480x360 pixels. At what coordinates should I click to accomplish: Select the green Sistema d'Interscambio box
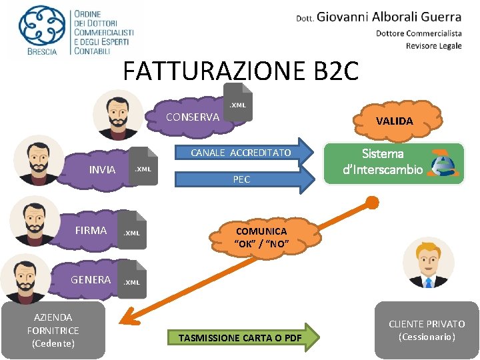(393, 163)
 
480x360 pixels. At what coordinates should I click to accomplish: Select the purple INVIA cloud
(100, 169)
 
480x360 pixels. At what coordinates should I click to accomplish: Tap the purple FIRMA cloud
(89, 231)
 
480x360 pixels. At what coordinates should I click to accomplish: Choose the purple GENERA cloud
(89, 279)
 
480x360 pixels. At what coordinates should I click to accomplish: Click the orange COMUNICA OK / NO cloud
(262, 237)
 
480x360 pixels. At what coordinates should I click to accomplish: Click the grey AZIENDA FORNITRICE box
(53, 330)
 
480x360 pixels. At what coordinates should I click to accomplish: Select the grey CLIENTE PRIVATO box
(427, 330)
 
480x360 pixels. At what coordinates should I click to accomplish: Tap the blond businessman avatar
(429, 263)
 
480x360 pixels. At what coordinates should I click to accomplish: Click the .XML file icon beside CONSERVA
(238, 103)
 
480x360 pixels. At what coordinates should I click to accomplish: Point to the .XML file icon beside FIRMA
(132, 229)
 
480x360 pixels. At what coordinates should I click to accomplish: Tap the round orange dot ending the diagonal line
(373, 203)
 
